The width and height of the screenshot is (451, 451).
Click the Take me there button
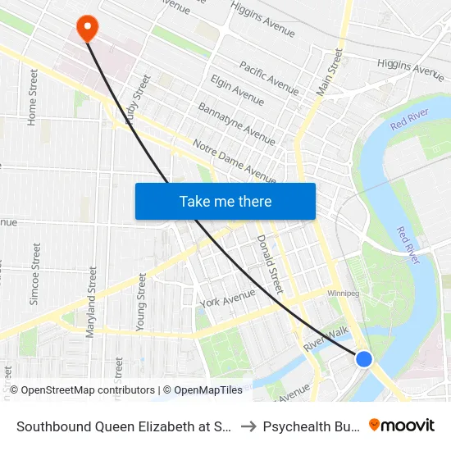click(x=225, y=201)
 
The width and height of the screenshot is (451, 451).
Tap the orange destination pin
click(x=87, y=29)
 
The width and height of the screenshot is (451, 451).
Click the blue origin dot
click(x=364, y=359)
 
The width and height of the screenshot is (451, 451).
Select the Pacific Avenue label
click(x=269, y=76)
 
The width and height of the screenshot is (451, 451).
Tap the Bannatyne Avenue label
click(x=236, y=124)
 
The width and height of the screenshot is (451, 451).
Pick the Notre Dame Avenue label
click(x=234, y=161)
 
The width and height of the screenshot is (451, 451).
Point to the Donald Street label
click(x=269, y=264)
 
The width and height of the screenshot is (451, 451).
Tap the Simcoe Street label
click(x=34, y=274)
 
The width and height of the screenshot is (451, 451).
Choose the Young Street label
click(x=141, y=302)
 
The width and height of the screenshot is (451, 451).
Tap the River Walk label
click(x=326, y=338)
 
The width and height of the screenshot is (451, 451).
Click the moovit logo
click(x=402, y=426)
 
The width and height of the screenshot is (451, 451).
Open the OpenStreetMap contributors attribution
click(x=87, y=390)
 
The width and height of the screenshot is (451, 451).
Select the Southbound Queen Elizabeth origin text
click(x=124, y=426)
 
